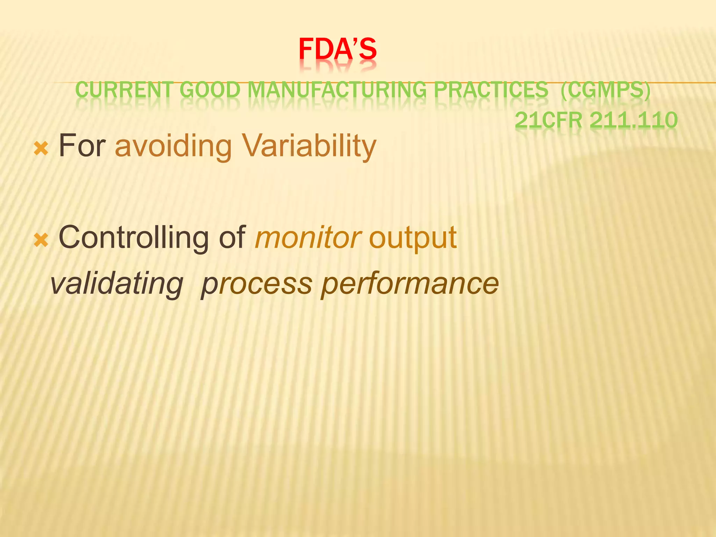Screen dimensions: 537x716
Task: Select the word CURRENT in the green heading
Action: (x=124, y=90)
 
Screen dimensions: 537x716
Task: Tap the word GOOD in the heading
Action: (x=210, y=90)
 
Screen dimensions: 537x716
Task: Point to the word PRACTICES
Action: (x=491, y=90)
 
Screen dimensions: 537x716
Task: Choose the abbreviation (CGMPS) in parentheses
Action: (x=606, y=90)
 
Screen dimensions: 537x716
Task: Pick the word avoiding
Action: (x=173, y=146)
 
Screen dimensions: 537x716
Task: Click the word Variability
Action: (x=309, y=146)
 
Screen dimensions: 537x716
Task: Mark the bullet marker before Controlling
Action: (x=41, y=240)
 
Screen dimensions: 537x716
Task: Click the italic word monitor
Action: (x=308, y=238)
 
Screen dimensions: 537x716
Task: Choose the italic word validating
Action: (x=117, y=283)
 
